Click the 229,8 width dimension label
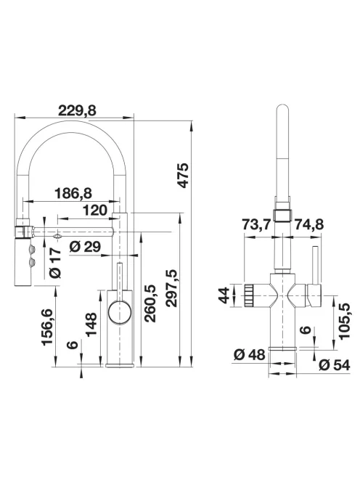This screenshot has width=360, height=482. click(77, 110)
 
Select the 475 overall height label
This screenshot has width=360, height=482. click(183, 176)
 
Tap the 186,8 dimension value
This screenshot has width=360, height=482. click(73, 193)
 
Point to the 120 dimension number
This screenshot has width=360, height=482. click(95, 211)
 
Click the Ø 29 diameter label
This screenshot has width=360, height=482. click(85, 247)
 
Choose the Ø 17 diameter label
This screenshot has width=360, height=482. click(56, 263)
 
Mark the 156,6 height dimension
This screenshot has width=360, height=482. click(48, 327)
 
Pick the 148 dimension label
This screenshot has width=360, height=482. click(91, 324)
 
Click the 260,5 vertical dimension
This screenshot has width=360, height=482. click(150, 303)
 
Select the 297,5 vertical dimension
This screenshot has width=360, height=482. click(171, 288)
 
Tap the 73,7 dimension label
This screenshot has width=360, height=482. click(257, 224)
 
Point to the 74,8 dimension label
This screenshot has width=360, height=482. click(309, 224)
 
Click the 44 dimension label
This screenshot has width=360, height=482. click(224, 295)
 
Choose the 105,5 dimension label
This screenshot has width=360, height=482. click(345, 321)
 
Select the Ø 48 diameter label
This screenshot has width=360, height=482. click(250, 355)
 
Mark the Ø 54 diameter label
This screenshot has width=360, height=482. click(335, 365)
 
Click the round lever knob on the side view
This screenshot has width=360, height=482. click(120, 313)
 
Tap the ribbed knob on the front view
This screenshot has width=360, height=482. click(249, 295)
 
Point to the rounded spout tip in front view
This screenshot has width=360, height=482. click(282, 110)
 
